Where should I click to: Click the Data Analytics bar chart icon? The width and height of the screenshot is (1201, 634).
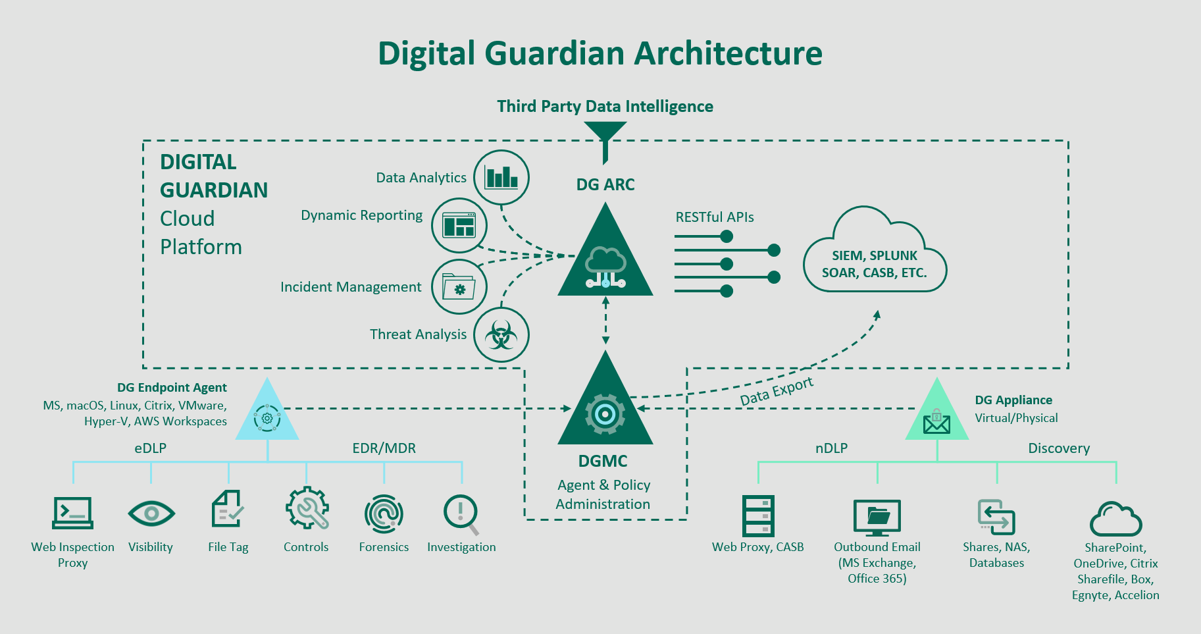501,178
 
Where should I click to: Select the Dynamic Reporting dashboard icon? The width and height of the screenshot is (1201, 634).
459,225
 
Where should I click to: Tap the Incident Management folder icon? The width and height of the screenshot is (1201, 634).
459,287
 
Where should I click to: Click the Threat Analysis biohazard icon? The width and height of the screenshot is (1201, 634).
501,334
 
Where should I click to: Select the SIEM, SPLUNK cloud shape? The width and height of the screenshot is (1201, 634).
875,257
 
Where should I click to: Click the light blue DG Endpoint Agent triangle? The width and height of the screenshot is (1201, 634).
267,415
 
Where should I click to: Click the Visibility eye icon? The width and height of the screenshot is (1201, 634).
151,513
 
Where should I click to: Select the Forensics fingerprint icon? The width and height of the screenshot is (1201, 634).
384,514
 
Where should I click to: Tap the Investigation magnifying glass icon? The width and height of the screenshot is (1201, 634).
461,514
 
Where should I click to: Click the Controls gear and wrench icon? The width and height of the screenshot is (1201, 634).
307,508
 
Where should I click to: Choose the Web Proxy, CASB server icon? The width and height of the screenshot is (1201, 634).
758,515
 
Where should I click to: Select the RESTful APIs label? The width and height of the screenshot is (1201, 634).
715,217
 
